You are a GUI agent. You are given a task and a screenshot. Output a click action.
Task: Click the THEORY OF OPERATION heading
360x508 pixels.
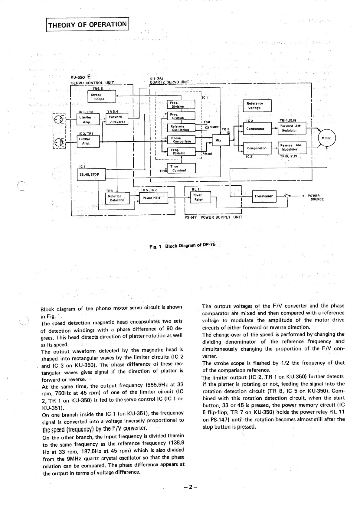(87, 24)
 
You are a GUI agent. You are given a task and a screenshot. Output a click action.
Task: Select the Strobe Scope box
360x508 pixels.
(101, 97)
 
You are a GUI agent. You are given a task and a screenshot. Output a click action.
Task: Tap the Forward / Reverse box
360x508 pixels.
(117, 119)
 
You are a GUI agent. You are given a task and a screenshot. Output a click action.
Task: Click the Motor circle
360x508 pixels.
(326, 138)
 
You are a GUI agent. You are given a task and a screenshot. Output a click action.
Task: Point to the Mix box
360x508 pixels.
(218, 140)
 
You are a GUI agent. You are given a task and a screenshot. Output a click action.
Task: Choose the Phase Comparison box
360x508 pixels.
(181, 140)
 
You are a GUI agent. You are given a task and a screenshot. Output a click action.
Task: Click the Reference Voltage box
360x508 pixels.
(257, 106)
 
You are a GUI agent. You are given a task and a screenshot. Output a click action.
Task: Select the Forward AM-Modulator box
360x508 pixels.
(292, 128)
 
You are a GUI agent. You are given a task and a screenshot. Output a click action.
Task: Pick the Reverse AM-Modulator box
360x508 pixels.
(292, 147)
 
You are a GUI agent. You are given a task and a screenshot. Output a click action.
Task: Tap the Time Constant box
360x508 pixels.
(181, 168)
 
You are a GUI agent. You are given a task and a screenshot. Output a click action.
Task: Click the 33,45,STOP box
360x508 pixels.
(91, 174)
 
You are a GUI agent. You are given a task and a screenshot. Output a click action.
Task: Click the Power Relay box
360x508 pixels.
(198, 197)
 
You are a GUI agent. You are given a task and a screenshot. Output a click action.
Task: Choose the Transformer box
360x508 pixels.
(264, 196)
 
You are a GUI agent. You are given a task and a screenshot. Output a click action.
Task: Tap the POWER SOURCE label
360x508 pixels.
(315, 197)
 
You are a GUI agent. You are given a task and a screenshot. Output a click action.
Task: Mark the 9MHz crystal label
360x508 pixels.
(214, 127)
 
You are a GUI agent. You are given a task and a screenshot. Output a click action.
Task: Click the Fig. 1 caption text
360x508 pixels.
(182, 246)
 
